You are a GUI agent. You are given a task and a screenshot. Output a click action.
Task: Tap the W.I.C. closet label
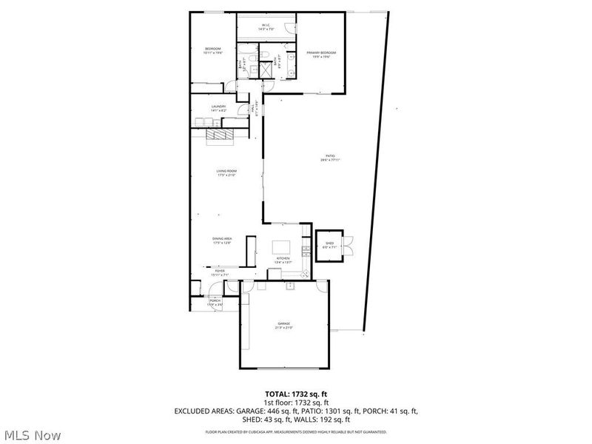tap(266, 25)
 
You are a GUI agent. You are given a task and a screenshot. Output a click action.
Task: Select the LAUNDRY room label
tap(218, 107)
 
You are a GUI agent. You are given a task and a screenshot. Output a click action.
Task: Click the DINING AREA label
tap(223, 239)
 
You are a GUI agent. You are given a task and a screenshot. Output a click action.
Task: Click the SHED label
tap(329, 243)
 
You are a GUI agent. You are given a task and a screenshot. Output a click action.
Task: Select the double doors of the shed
tap(349, 244)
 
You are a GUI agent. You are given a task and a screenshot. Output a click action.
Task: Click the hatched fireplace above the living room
tap(220, 135)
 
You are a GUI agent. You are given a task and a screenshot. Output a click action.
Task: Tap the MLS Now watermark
tap(31, 435)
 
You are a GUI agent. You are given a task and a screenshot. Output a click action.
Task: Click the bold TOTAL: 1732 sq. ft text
tap(296, 394)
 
